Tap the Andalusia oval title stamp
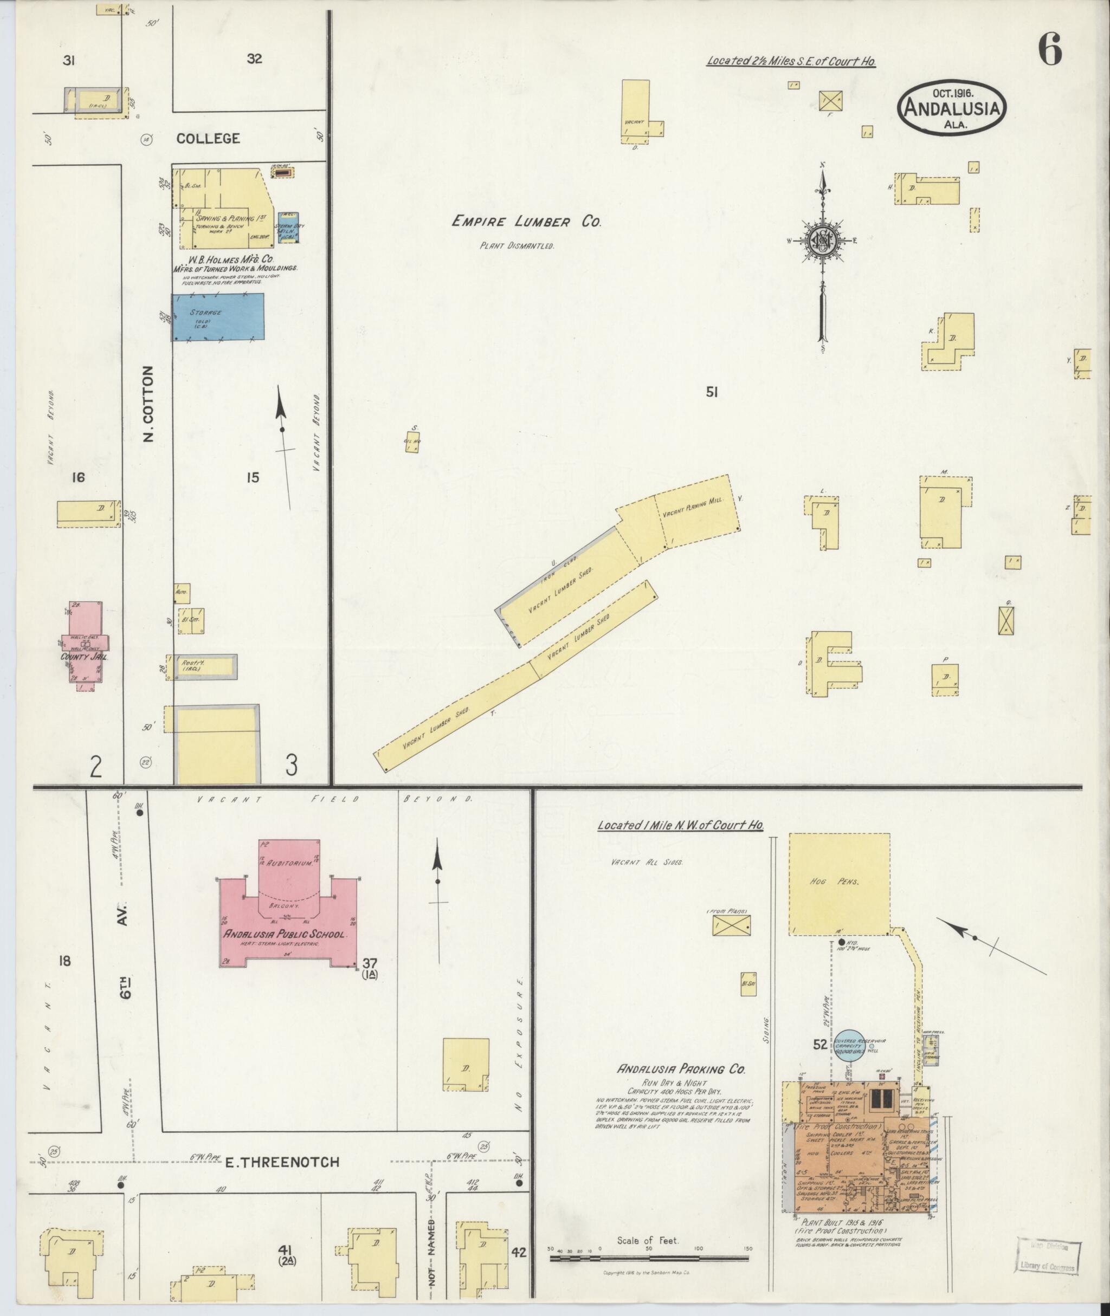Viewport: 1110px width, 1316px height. (x=951, y=108)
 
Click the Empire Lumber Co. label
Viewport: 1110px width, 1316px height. (x=527, y=222)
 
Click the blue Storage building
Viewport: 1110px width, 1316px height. (x=218, y=317)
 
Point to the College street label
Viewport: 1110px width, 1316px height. (x=208, y=138)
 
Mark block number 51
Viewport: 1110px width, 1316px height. (x=712, y=393)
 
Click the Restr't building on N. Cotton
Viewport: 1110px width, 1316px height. (x=206, y=665)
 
